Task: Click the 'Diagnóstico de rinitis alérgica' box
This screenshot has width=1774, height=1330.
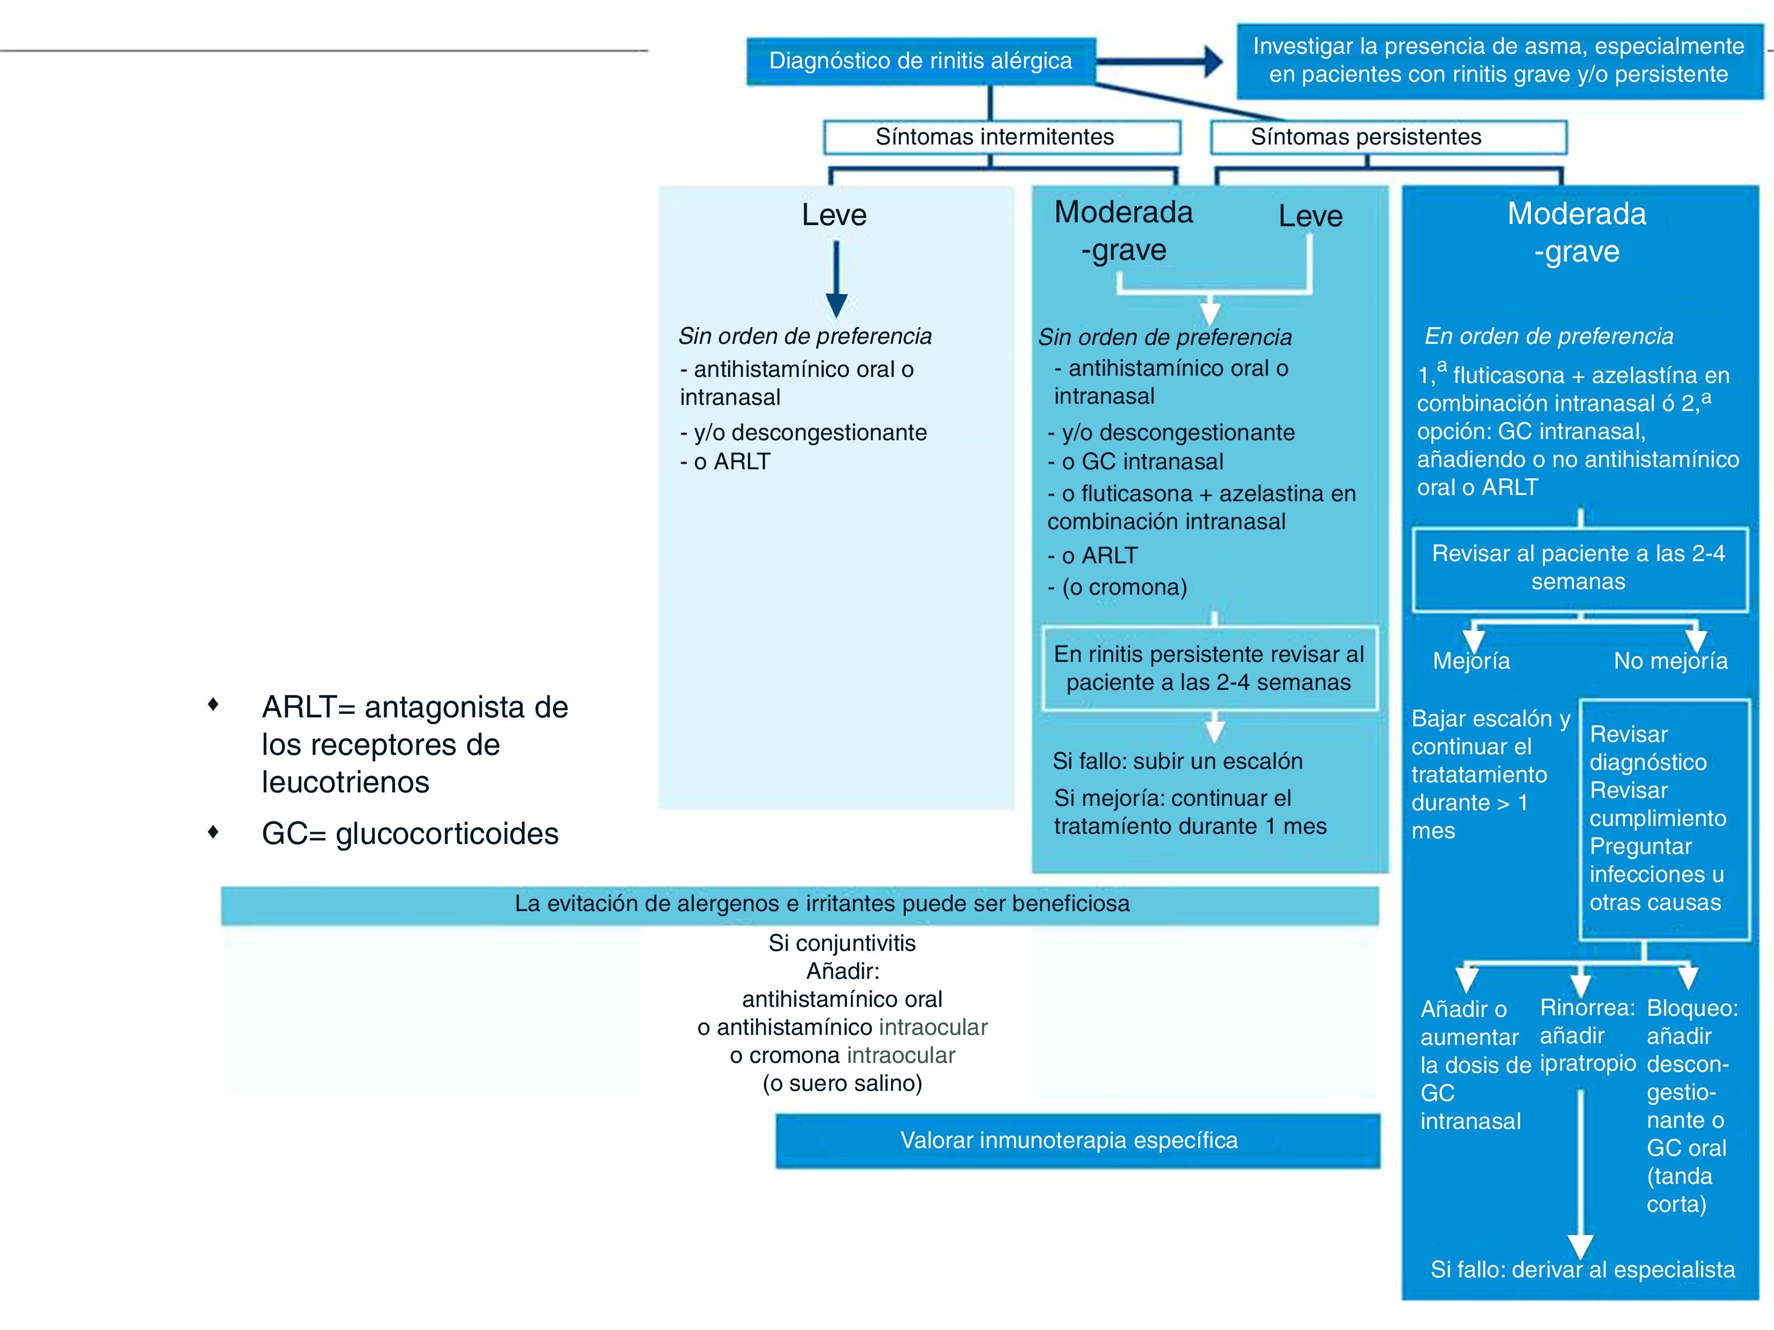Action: click(x=920, y=61)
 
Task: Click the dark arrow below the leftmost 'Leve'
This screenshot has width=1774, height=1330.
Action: click(x=836, y=281)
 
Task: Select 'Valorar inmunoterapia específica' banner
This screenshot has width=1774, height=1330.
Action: click(x=1069, y=1140)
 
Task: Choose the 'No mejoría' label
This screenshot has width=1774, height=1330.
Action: click(x=1670, y=661)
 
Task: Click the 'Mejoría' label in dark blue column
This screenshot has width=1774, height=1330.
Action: click(x=1471, y=661)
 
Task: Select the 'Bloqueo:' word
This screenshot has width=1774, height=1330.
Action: click(x=1692, y=1009)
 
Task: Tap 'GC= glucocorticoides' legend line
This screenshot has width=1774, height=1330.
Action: click(x=410, y=834)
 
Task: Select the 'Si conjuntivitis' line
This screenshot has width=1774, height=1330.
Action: click(x=842, y=943)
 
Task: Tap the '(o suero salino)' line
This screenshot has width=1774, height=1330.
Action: click(x=842, y=1084)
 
